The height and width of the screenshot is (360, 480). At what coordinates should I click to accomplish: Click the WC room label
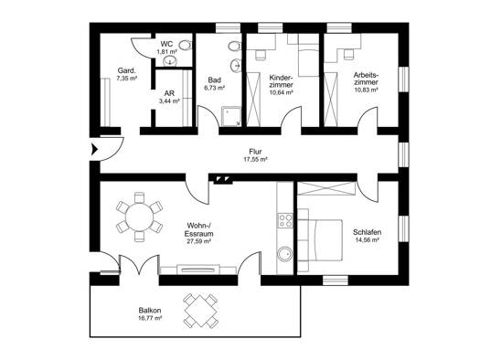tap(166, 45)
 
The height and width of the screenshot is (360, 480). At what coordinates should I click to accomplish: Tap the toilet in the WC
tap(185, 46)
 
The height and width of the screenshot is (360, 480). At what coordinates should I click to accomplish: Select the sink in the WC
tap(170, 60)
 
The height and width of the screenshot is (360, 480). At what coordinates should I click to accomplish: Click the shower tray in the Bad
tap(231, 116)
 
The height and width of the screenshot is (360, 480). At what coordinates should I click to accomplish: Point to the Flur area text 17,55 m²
tap(255, 159)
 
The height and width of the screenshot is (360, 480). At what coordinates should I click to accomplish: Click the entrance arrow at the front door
tap(94, 150)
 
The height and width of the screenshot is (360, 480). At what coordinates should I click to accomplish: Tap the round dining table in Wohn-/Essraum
tap(139, 217)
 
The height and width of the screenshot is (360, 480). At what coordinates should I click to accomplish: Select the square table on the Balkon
tap(200, 311)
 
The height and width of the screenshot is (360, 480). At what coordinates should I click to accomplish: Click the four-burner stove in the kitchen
tap(285, 221)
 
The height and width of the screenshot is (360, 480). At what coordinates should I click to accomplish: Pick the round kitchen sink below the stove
tap(285, 254)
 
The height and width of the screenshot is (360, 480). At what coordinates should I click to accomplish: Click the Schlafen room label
tap(367, 232)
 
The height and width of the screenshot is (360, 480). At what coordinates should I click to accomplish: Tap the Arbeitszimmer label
tap(366, 79)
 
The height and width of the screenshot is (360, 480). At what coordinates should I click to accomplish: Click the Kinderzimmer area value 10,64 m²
tap(281, 92)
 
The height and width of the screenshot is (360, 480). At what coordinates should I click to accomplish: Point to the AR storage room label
tap(169, 93)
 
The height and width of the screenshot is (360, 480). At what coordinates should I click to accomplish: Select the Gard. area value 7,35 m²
tap(127, 79)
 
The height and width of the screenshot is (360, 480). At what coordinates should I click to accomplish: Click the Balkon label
tap(150, 311)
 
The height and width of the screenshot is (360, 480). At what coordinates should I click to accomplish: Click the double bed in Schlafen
tap(320, 240)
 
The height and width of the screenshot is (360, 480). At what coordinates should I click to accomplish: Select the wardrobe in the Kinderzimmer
tap(253, 99)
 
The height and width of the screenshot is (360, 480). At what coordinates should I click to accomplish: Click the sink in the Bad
tap(235, 65)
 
